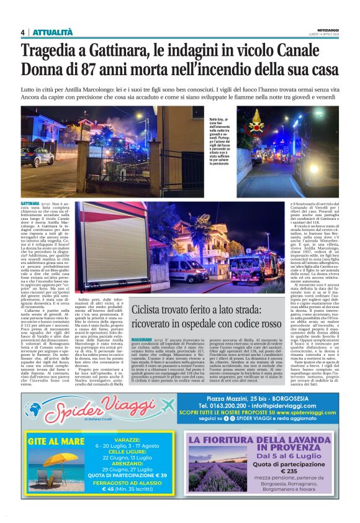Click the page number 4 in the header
coord(22,32)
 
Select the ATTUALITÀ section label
coord(53,32)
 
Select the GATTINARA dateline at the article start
coord(30,203)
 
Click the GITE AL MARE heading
coord(56,442)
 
